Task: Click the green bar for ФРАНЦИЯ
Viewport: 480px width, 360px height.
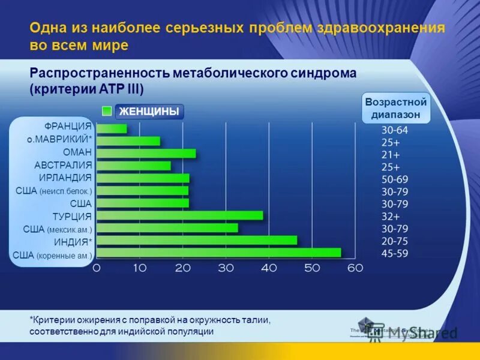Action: tap(112, 128)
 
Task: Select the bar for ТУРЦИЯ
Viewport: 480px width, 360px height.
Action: tap(179, 215)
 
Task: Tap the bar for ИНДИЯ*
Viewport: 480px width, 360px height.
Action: tap(196, 240)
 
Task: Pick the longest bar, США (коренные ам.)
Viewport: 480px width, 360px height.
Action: tap(218, 253)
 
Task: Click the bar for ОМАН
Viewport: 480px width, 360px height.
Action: tap(146, 153)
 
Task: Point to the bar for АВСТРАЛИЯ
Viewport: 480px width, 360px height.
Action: tap(133, 166)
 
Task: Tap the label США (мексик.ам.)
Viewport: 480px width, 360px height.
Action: tap(58, 229)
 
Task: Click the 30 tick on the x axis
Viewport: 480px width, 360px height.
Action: tap(226, 268)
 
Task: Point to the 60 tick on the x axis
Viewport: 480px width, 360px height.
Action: tap(355, 268)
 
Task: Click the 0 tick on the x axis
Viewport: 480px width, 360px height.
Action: tap(97, 268)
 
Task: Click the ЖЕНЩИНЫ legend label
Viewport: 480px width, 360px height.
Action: tap(149, 112)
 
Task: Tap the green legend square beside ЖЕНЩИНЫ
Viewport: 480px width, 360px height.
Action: tap(107, 111)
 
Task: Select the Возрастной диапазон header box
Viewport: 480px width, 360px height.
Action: tap(395, 109)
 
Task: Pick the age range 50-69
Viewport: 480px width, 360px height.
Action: tap(394, 178)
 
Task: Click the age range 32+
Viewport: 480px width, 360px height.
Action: tap(394, 216)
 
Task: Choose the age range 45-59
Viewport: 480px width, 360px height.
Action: tap(394, 253)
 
